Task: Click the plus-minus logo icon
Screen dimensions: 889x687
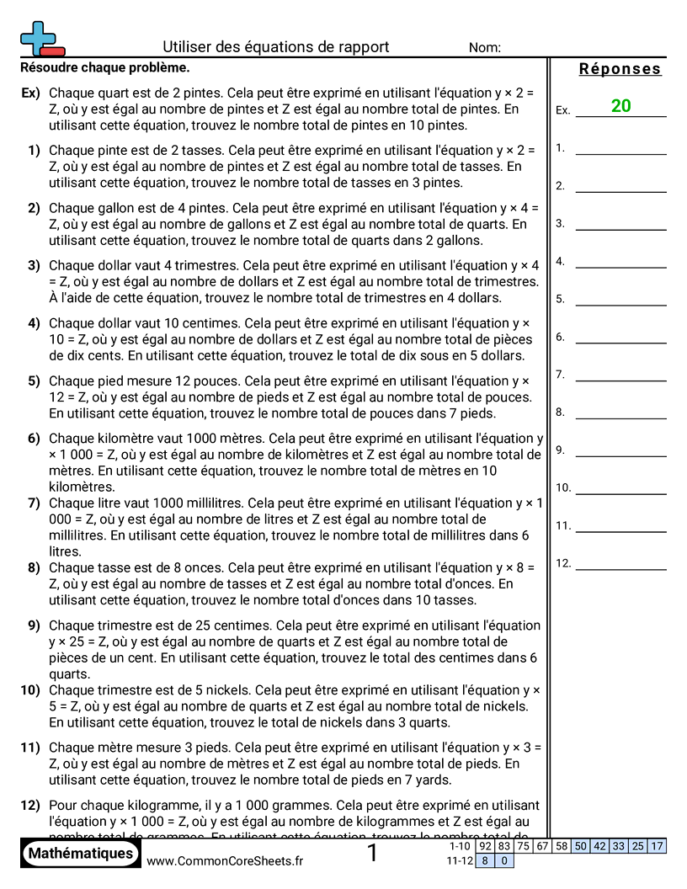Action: point(40,38)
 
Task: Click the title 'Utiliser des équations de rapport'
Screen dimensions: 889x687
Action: point(275,47)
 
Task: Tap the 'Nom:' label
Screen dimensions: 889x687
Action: point(485,48)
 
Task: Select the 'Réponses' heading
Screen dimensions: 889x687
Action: point(620,69)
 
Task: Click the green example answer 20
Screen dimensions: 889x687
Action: point(621,106)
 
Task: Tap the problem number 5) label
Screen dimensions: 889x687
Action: point(34,381)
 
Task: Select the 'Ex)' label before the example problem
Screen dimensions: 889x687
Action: point(30,93)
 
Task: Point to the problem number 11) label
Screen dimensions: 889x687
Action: point(31,748)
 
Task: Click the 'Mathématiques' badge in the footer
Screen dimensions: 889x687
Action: point(81,854)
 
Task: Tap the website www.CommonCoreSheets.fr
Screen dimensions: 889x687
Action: point(225,860)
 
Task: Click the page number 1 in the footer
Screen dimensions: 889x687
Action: point(373,854)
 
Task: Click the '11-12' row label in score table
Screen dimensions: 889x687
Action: point(459,860)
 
